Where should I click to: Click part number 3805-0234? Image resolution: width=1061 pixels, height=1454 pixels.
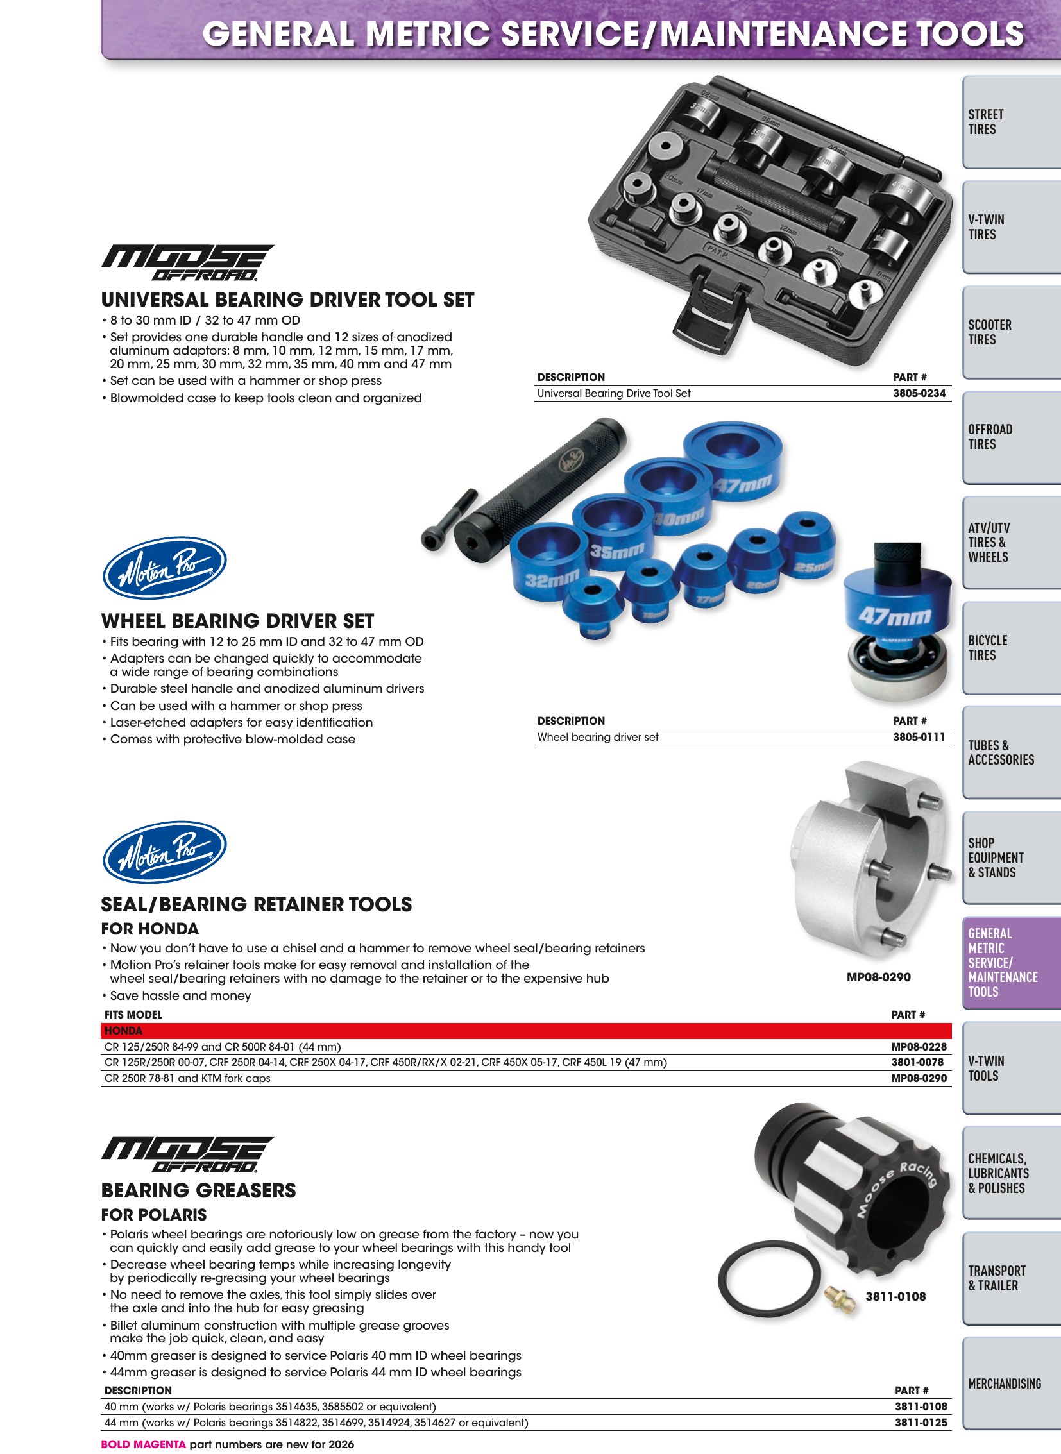[919, 393]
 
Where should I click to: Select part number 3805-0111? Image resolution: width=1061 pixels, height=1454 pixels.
[919, 737]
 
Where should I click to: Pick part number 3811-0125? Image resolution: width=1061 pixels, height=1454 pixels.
[921, 1423]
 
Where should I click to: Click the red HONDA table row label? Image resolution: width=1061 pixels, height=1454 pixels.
[123, 1031]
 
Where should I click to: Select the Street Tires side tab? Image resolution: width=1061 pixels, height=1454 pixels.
[1012, 122]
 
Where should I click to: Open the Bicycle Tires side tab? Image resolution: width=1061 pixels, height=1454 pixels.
[1012, 648]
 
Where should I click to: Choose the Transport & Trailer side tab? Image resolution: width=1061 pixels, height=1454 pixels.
[1012, 1278]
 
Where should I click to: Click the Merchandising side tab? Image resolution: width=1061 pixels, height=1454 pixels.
[1012, 1383]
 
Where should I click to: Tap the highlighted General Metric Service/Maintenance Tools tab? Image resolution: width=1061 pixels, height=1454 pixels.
[1012, 963]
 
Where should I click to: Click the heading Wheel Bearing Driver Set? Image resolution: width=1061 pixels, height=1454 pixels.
[237, 621]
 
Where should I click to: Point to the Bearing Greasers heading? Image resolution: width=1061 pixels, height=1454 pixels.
[198, 1190]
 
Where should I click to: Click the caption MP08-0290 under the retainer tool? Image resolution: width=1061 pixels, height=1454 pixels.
[879, 977]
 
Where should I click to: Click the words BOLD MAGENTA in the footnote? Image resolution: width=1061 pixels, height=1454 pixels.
[143, 1444]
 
